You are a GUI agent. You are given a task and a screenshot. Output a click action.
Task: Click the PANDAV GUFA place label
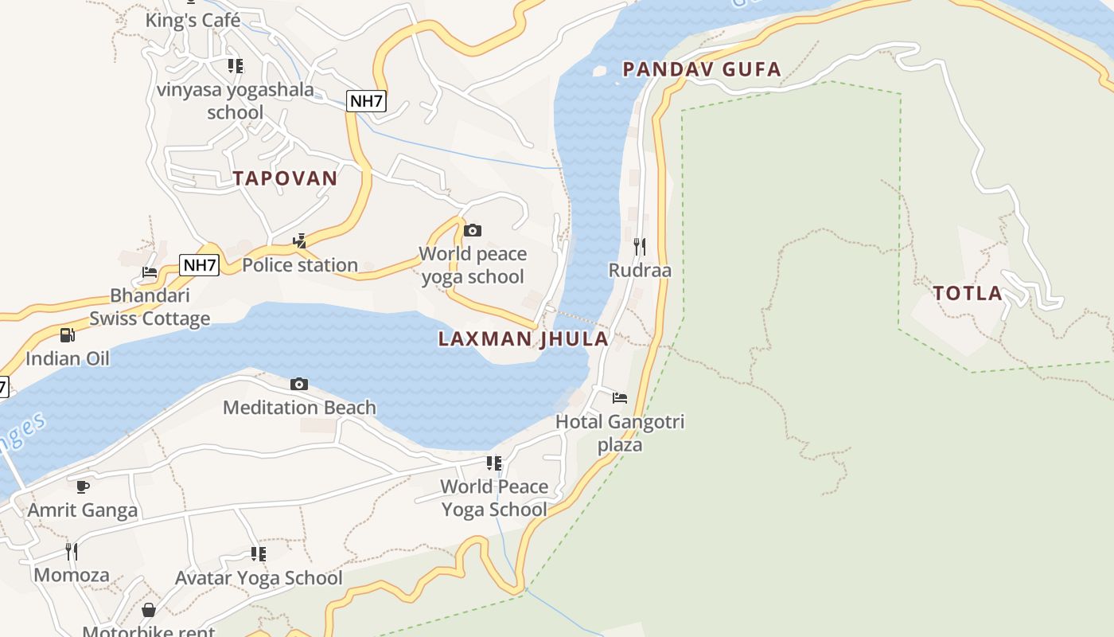702,69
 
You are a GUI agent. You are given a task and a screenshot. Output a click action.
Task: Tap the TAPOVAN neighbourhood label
285,178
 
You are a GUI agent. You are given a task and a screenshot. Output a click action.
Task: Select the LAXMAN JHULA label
523,339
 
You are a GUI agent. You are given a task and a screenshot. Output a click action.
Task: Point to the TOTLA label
968,293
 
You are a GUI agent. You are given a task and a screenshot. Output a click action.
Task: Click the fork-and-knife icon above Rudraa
640,246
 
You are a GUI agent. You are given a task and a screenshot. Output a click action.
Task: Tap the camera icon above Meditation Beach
299,384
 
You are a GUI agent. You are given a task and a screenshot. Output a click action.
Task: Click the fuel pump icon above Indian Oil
68,335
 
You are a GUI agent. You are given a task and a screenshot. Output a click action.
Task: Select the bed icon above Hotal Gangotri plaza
620,397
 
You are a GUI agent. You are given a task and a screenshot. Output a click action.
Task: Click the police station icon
300,240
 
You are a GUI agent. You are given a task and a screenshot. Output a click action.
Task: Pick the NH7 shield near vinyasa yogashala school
367,100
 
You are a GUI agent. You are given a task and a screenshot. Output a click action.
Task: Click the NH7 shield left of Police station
199,265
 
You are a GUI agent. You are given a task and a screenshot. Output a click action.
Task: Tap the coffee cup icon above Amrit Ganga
83,487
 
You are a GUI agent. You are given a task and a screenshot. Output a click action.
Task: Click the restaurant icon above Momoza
72,551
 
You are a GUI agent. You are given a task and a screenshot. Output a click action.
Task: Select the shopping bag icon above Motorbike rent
149,610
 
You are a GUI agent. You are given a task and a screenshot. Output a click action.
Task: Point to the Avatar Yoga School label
259,578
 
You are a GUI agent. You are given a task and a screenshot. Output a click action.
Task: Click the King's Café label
193,20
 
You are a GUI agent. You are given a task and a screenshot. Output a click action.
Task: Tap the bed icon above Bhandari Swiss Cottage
150,272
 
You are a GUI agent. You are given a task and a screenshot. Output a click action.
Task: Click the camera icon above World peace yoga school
473,230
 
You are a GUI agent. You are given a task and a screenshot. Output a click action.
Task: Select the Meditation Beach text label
299,408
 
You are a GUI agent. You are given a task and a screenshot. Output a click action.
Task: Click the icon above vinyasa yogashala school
236,65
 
